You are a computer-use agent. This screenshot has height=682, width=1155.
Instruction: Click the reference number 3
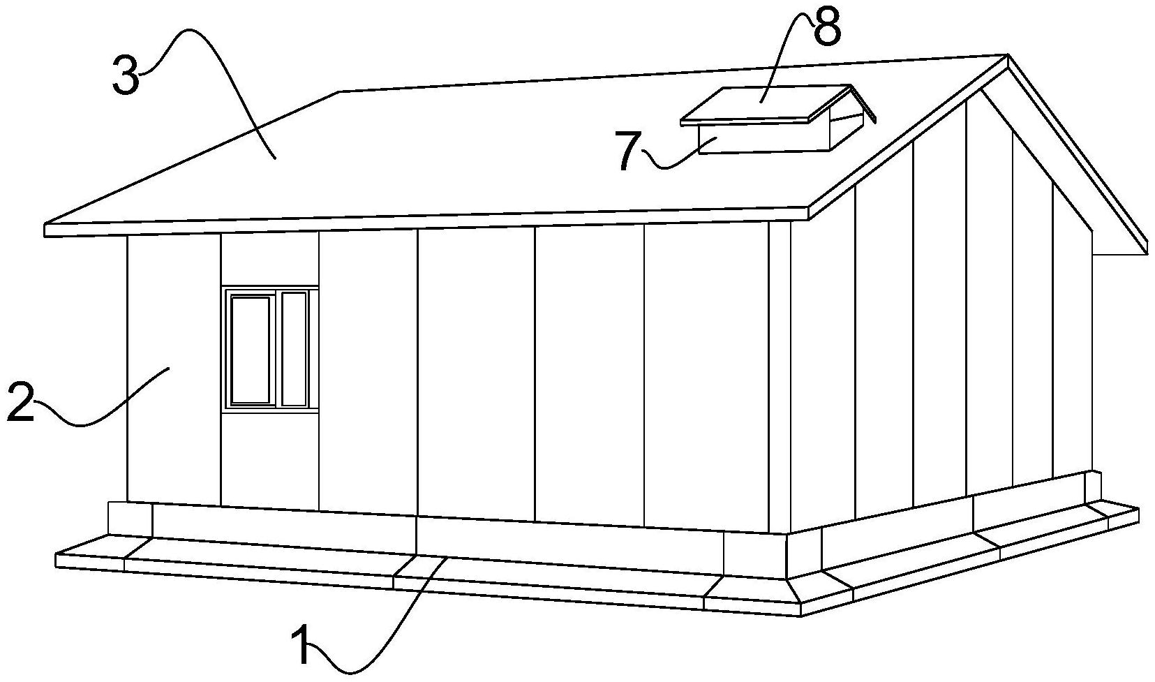click(126, 77)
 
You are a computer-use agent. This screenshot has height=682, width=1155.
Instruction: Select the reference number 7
click(628, 151)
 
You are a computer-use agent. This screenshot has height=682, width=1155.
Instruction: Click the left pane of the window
click(250, 350)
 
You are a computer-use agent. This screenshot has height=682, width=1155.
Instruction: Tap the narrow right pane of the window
click(294, 348)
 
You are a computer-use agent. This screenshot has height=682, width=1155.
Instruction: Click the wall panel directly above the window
click(269, 258)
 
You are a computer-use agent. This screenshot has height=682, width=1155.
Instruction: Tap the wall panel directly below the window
click(269, 457)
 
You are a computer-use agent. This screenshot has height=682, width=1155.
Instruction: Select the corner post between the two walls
click(780, 377)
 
